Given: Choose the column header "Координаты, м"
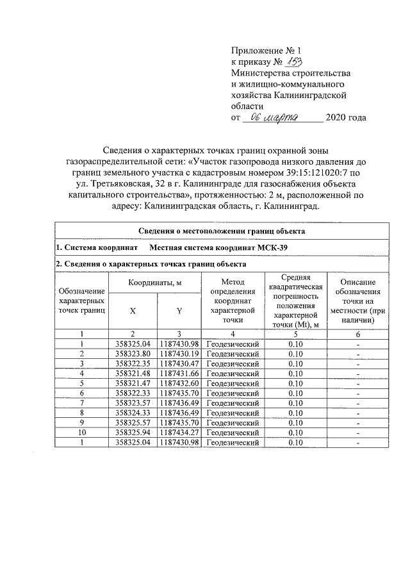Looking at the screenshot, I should pyautogui.click(x=156, y=283).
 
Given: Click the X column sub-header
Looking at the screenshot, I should pyautogui.click(x=133, y=311).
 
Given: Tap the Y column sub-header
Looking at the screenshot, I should pyautogui.click(x=179, y=311).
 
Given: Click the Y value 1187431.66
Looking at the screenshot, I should pyautogui.click(x=180, y=373).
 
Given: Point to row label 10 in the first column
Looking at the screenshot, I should pyautogui.click(x=82, y=432).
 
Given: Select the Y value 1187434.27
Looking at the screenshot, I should pyautogui.click(x=180, y=432).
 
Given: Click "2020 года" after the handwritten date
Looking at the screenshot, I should pyautogui.click(x=346, y=118).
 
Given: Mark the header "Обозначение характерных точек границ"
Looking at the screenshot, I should pyautogui.click(x=82, y=300).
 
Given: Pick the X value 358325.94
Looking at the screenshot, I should pyautogui.click(x=133, y=432).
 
